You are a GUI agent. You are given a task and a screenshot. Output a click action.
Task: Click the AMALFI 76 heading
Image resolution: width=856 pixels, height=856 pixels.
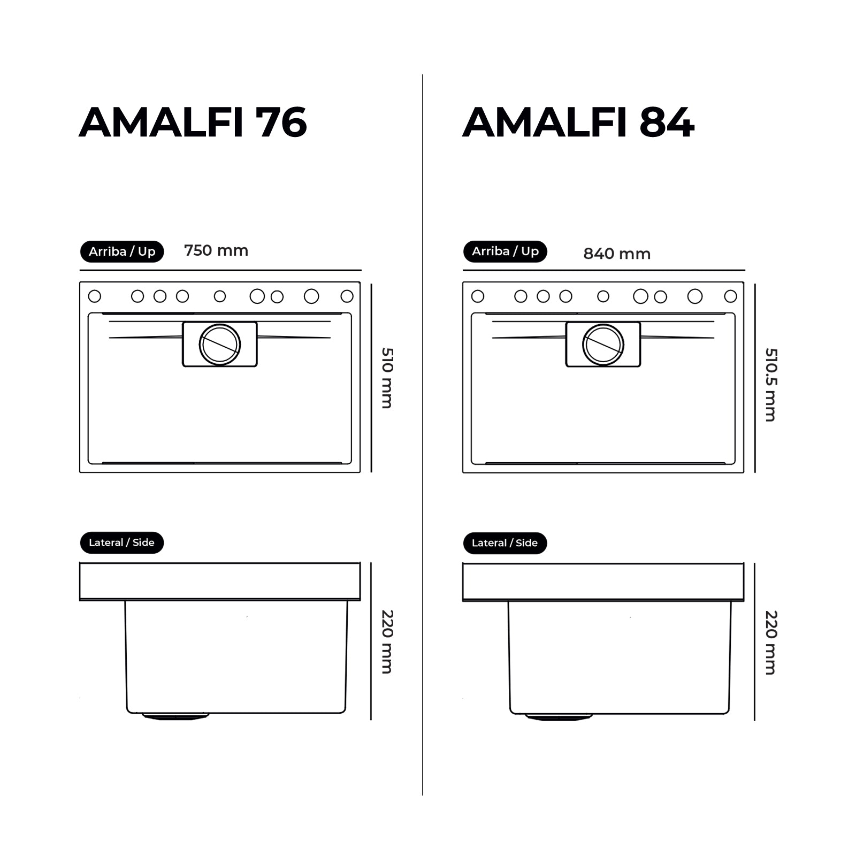tap(193, 123)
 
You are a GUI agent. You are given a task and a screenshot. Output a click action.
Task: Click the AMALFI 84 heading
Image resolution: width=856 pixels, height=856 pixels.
tap(578, 123)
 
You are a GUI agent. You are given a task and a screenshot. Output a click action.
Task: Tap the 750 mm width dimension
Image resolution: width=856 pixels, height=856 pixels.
tap(216, 250)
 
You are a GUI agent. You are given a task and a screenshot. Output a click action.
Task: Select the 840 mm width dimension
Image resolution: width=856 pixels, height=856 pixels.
tap(617, 254)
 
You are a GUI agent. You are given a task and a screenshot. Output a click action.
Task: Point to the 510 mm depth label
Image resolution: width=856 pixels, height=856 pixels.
tap(387, 378)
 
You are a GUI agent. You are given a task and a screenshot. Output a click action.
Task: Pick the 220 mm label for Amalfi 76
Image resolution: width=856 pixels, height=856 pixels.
tap(387, 641)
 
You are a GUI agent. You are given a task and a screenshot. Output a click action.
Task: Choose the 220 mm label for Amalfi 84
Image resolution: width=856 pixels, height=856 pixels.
tap(770, 642)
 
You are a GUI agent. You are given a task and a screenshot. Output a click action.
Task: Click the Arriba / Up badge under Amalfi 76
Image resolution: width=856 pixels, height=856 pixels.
tap(122, 251)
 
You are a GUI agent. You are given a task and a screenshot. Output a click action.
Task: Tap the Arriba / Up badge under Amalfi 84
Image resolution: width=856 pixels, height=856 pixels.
tap(505, 251)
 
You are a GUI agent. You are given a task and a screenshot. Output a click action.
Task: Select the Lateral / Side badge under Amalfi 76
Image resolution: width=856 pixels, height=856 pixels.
tap(121, 542)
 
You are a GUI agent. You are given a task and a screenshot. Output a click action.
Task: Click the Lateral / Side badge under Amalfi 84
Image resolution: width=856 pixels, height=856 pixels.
tap(505, 543)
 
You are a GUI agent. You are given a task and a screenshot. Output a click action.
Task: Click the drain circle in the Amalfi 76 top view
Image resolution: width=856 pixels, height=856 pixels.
tap(220, 345)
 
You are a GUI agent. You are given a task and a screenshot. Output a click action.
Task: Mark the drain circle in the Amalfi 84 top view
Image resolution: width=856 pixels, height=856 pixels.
tap(603, 345)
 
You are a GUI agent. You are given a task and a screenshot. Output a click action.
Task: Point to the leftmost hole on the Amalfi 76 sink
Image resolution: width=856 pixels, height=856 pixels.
tap(95, 296)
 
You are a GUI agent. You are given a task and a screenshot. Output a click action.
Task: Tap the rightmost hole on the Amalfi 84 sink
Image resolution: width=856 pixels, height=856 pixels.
tap(730, 296)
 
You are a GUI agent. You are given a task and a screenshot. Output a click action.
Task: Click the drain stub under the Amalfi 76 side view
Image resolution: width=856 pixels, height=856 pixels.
tap(175, 716)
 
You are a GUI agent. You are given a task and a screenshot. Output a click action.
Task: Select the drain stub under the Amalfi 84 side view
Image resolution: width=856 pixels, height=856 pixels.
tap(559, 716)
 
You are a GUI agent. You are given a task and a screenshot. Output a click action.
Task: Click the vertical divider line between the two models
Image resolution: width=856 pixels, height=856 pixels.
tap(422, 428)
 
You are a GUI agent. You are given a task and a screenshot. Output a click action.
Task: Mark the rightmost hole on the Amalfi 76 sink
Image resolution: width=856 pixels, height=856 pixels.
tap(347, 296)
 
